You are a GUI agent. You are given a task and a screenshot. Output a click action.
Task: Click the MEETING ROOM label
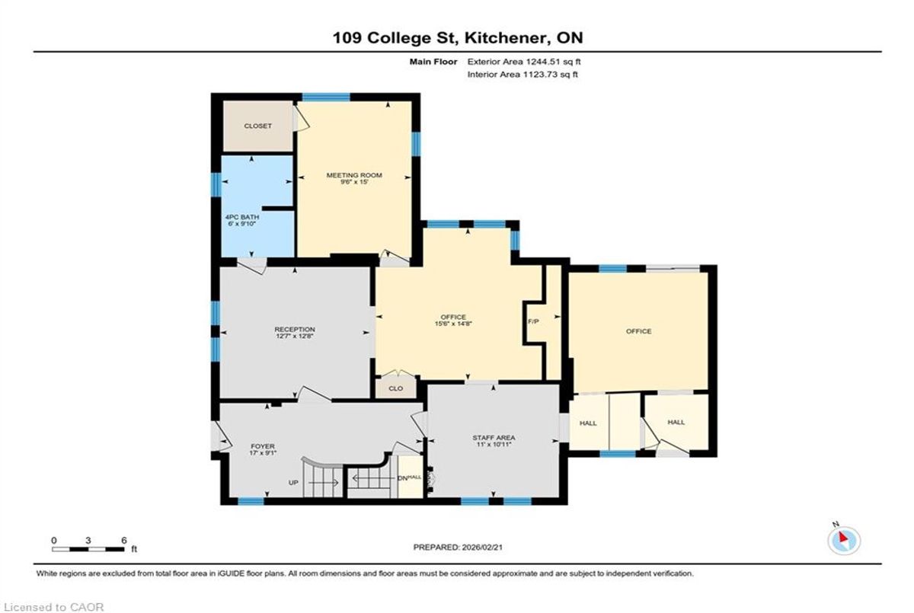coord(353,175)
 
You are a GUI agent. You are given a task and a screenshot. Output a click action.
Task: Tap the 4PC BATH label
coord(242,217)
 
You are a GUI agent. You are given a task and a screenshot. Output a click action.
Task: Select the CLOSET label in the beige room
coord(257,126)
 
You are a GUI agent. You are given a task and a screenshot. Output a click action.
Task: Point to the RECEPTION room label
coord(295,330)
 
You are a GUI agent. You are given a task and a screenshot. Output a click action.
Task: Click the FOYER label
coord(263,446)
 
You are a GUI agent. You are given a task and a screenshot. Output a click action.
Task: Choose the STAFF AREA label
coord(494,438)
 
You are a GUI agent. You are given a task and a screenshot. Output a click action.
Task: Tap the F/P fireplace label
coord(533,321)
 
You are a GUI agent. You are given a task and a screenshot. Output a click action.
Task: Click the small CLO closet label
coord(396,388)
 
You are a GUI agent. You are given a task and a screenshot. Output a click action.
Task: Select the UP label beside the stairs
coord(293,483)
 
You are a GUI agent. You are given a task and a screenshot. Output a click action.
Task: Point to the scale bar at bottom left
coord(88,549)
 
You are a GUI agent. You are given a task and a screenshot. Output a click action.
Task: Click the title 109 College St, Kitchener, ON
coord(458,38)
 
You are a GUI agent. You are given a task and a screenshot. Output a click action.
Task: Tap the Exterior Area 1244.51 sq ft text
coord(524,62)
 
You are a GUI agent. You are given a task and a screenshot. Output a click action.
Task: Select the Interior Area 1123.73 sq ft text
coord(523,74)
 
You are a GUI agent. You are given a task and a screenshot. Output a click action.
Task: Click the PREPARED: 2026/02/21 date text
coord(458,548)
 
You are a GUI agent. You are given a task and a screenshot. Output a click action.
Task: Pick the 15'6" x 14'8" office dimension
coord(453,324)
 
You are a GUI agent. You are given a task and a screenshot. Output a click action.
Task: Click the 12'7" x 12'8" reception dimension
coord(295,337)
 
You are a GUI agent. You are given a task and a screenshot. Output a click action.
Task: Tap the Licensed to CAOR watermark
coord(53,608)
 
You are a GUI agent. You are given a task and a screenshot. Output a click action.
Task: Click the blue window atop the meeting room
coord(326,97)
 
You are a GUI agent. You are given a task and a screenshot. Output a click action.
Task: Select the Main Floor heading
coord(433,62)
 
